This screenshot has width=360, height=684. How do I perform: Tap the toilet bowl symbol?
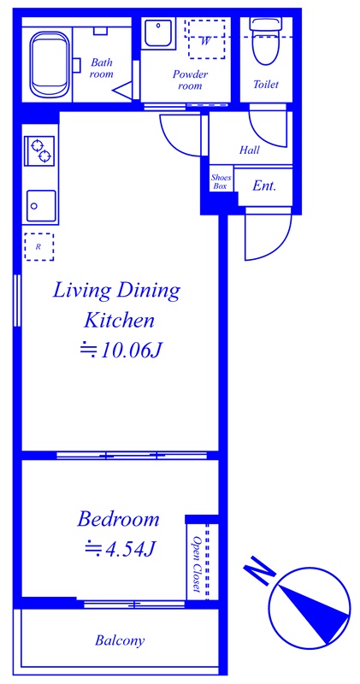pos(265,42)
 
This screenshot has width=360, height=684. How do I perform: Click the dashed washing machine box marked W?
pos(206,39)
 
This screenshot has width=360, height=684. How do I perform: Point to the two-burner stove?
pos(40,150)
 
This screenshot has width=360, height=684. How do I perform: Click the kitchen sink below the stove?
pos(41,205)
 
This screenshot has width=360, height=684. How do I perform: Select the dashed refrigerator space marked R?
pos(38,246)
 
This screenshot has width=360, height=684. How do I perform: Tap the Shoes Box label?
pos(221,181)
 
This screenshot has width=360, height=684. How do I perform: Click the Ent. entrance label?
pos(264,186)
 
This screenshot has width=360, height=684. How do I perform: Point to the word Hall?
pos(249,150)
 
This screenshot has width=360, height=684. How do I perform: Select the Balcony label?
pos(120,641)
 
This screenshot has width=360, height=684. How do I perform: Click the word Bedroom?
pos(118,520)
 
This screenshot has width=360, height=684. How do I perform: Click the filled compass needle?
pos(315,614)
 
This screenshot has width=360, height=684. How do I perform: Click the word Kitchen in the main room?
pos(119,321)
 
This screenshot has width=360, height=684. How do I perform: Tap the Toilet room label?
pos(266,84)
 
